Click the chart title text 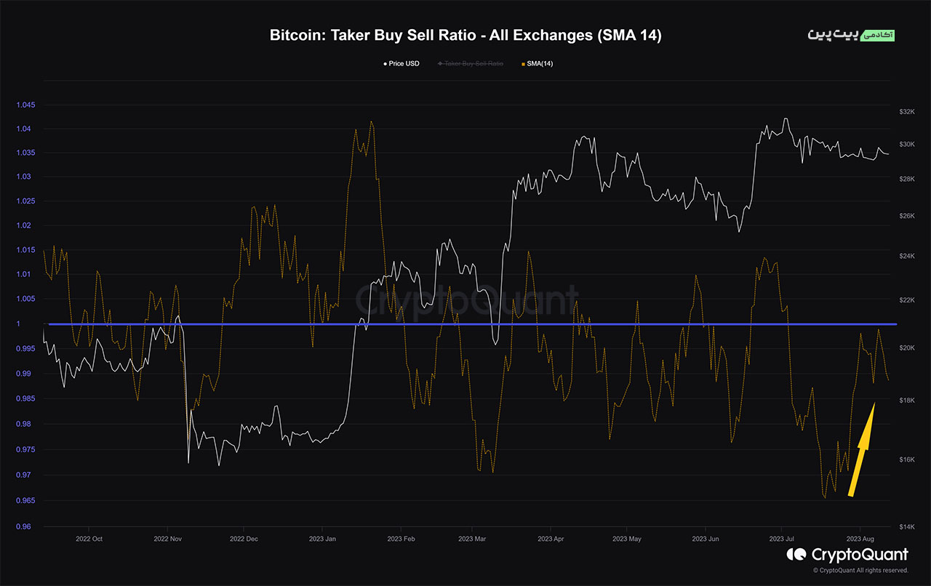point(465,36)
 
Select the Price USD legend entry point(401,64)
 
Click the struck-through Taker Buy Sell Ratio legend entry point(472,64)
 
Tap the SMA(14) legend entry point(538,64)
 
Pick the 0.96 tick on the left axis point(27,526)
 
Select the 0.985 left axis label point(25,399)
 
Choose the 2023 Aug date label point(860,539)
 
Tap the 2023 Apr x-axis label point(551,539)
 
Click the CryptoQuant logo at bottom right point(847,555)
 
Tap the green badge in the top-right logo point(877,35)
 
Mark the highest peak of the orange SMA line point(372,122)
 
